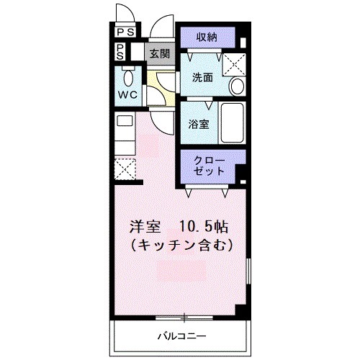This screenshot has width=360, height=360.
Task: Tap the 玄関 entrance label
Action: [159, 53]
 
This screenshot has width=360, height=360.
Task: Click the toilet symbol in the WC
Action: [130, 77]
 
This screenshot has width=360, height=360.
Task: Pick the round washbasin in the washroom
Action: [237, 87]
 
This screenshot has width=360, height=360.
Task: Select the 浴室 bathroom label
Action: [198, 123]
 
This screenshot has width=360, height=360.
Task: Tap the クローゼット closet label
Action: [210, 165]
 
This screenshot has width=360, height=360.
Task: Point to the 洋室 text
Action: [145, 225]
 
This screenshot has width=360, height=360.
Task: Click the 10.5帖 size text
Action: [204, 225]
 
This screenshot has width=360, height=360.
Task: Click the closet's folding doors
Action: [207, 191]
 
